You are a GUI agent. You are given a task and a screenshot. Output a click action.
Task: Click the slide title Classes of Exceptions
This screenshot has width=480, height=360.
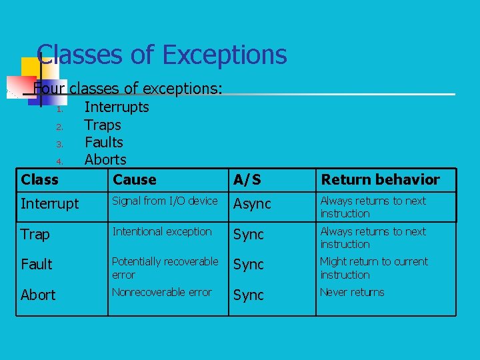[162, 55]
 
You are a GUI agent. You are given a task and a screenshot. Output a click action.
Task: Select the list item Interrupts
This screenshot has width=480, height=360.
[117, 107]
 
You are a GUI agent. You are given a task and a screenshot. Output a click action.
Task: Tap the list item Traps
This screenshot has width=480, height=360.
[103, 125]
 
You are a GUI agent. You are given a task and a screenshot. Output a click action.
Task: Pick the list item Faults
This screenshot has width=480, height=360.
[104, 142]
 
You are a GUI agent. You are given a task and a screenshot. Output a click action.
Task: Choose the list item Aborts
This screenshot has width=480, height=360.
[105, 159]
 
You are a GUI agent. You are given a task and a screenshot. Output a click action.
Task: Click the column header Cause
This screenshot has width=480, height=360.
[135, 179]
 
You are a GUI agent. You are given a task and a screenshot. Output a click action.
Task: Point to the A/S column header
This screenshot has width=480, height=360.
[247, 180]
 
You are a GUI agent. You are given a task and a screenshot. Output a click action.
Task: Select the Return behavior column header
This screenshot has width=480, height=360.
[380, 179]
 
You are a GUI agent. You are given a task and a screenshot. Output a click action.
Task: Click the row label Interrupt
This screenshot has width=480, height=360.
[49, 204]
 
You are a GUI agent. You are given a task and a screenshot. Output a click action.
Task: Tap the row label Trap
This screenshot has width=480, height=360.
[35, 235]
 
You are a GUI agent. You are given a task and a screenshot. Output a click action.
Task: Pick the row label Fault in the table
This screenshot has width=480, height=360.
[37, 265]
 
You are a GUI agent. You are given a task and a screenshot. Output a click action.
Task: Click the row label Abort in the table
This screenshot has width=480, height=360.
[38, 295]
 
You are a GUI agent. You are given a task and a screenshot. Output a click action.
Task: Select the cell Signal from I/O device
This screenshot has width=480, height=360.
[165, 201]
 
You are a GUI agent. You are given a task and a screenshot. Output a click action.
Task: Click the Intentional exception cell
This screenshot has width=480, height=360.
[162, 231]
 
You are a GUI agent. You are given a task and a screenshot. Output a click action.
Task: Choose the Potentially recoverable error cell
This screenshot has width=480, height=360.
[165, 268]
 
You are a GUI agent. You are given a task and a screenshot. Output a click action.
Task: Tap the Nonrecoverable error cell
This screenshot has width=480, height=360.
[162, 292]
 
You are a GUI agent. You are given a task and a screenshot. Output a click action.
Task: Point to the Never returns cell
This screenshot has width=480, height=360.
[352, 292]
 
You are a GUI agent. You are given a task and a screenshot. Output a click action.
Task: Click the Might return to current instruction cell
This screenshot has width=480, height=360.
[373, 268]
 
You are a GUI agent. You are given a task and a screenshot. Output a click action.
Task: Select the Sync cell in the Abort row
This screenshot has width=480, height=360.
[249, 295]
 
